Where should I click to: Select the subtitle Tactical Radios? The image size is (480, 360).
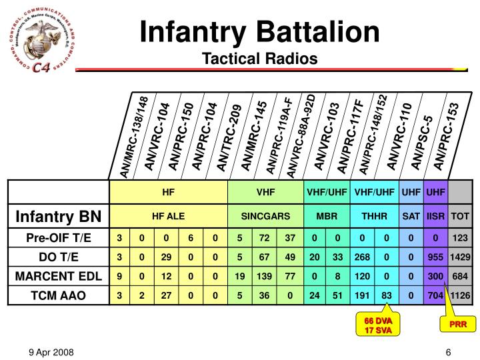(x=260, y=59)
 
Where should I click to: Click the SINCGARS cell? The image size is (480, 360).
(x=265, y=216)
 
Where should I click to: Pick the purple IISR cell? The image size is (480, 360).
(x=436, y=216)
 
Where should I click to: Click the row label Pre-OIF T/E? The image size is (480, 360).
(x=58, y=239)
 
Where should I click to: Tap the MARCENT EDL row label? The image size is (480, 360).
(x=58, y=276)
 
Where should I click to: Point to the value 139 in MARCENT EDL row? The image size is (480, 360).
(x=265, y=276)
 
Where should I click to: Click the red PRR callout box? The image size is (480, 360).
(x=457, y=324)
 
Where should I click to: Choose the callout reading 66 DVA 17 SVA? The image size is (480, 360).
(x=379, y=325)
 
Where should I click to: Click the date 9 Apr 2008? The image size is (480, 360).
(x=51, y=351)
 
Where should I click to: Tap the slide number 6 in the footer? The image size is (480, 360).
(x=449, y=351)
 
